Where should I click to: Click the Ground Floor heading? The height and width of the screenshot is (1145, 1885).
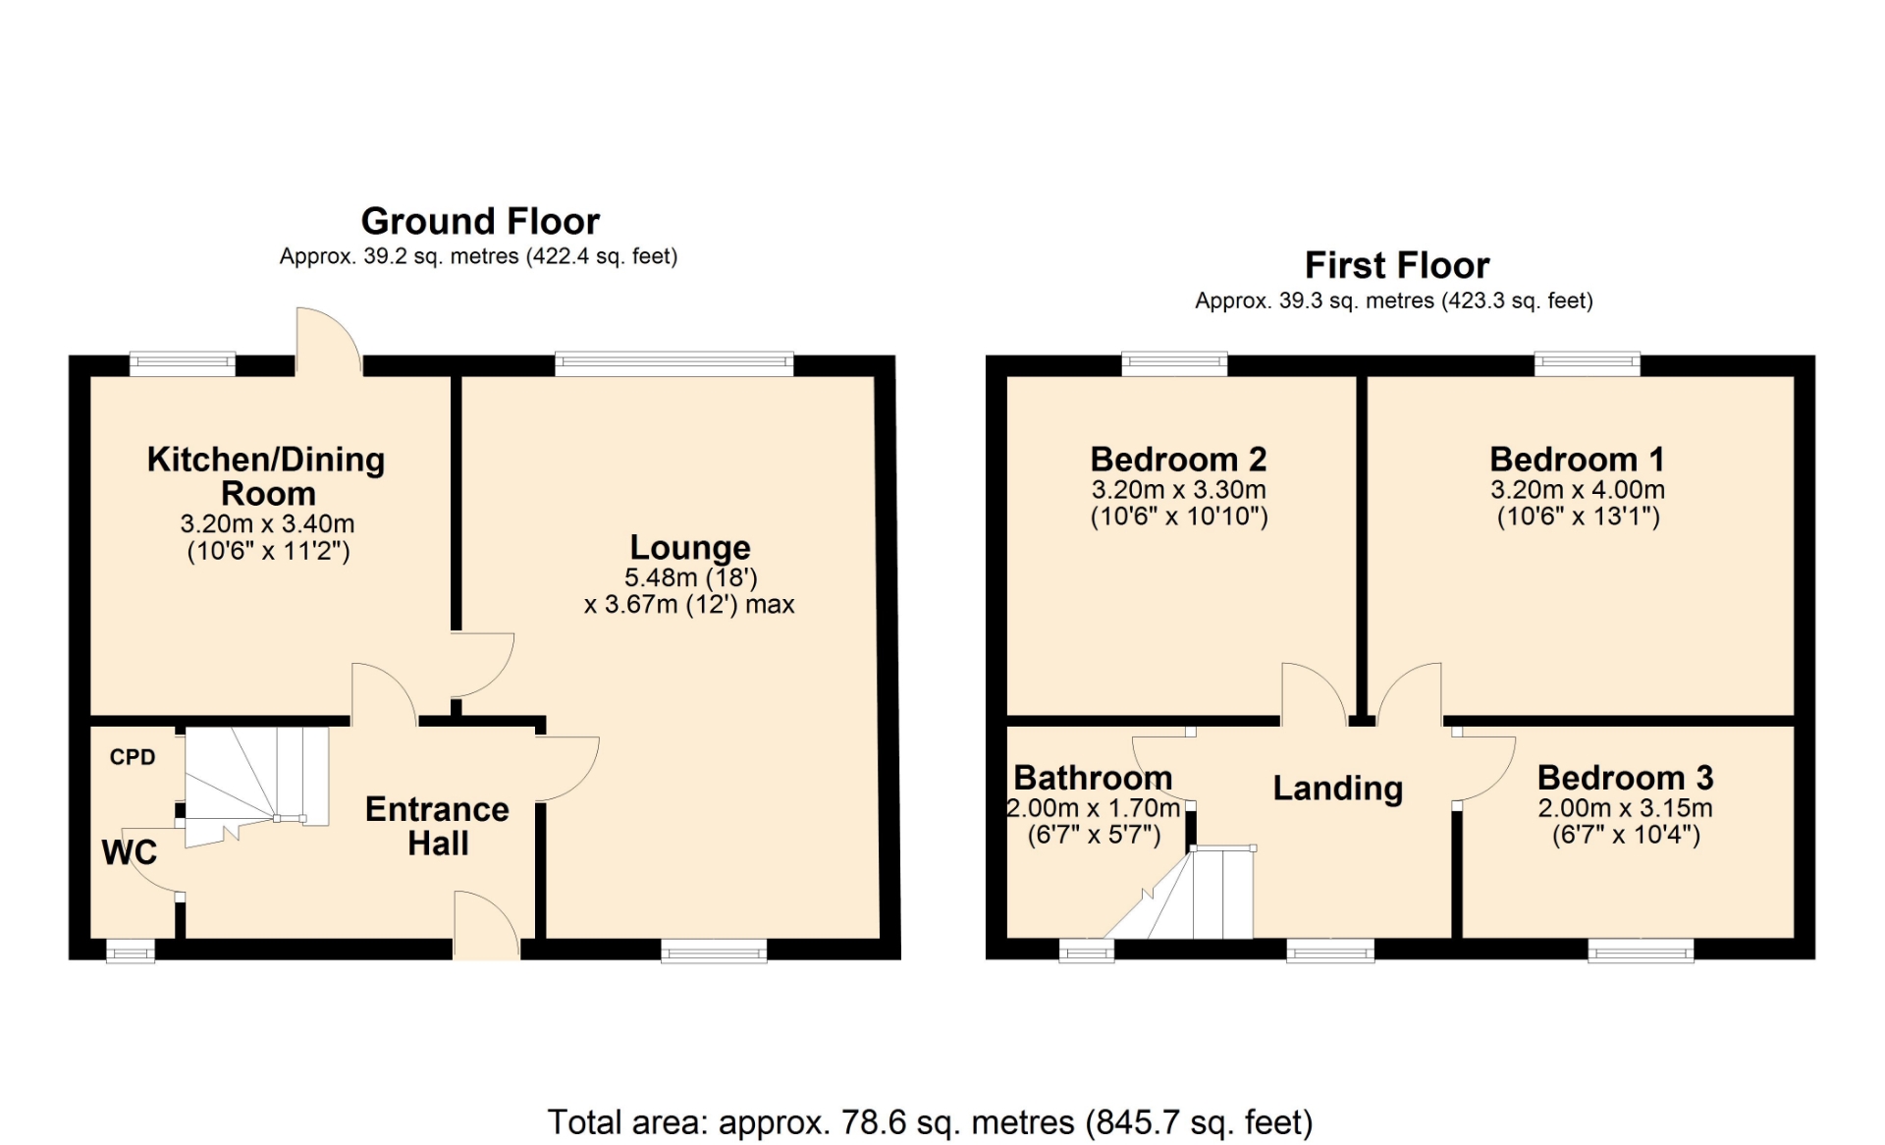coord(480,221)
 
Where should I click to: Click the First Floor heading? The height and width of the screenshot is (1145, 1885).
coord(1396,265)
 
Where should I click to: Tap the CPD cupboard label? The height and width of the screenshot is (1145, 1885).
coord(133,757)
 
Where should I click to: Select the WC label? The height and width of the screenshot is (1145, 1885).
coord(130,851)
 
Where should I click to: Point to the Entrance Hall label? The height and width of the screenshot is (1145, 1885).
coord(438,826)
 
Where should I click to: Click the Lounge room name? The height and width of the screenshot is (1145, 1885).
coord(690,547)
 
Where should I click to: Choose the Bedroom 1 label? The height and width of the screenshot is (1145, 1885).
coord(1577,459)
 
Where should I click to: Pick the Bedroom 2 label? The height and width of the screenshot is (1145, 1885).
coord(1178,459)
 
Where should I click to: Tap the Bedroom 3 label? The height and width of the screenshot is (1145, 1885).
coord(1625,778)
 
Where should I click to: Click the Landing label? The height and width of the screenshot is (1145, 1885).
coord(1338,789)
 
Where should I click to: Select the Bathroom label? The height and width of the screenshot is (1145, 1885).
coord(1093,778)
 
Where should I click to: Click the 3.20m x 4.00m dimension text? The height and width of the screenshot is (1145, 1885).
coord(1578,489)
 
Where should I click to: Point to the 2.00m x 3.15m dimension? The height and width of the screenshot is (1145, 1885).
coord(1625,808)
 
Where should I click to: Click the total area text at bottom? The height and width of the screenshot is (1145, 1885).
coord(930,1121)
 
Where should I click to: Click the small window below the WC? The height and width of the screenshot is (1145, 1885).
coord(131,951)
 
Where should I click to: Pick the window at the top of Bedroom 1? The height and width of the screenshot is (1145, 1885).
coord(1588,364)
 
